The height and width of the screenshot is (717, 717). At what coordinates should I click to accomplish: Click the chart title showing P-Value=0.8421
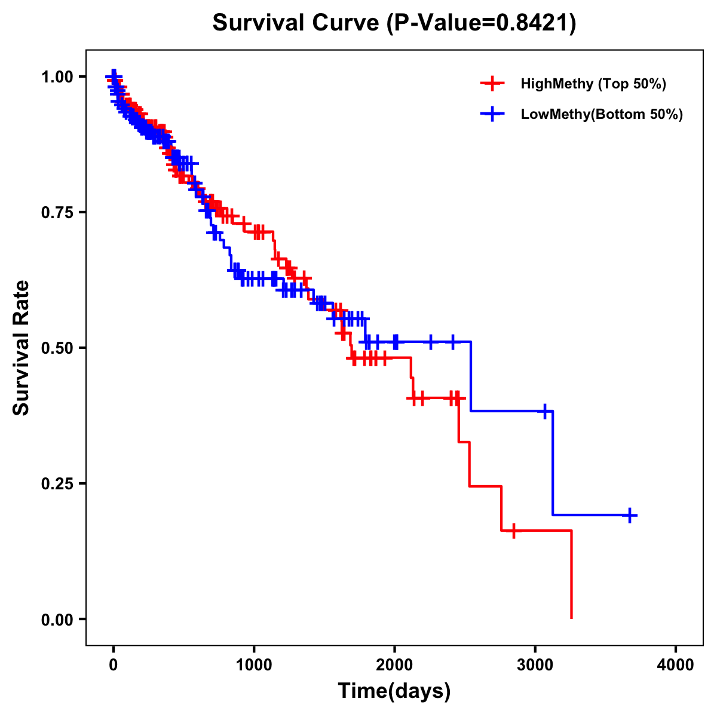pos(394,23)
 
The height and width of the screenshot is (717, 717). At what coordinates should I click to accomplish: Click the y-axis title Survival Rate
pos(22,347)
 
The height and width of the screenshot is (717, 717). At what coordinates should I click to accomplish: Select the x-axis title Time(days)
pos(394,691)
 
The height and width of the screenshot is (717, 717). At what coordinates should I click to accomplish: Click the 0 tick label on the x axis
pos(114,664)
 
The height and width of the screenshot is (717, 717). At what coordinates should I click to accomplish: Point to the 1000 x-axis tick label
pos(254,664)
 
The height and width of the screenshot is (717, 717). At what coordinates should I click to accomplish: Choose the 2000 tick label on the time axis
pos(394,664)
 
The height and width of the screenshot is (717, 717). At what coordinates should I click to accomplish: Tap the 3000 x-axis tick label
pos(535,664)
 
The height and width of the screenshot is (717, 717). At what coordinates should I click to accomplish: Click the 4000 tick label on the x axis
pos(676,664)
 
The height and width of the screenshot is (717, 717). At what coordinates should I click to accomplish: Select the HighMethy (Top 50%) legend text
pos(593,84)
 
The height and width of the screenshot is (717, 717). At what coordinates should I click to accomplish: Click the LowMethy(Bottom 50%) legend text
pos(602,114)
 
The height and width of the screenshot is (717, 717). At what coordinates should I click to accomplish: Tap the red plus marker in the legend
pos(492,84)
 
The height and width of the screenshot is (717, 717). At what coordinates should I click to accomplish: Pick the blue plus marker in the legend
pos(492,114)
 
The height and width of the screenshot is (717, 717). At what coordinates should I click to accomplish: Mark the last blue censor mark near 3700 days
pos(630,515)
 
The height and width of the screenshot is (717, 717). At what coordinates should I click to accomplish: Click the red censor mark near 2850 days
pos(513,531)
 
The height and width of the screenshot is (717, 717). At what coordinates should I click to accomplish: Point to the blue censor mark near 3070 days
pos(544,411)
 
